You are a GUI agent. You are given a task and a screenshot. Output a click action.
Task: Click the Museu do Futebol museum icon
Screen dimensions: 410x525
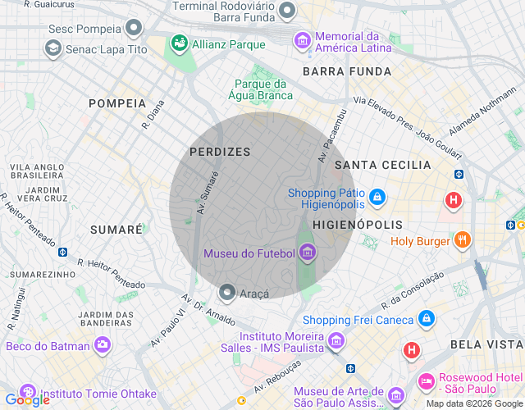308,252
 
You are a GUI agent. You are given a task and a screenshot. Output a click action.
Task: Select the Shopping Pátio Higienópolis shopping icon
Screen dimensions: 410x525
377,197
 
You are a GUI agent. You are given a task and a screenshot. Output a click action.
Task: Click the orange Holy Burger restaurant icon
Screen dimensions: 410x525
463,240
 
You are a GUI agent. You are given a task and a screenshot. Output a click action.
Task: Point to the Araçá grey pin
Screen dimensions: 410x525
227,292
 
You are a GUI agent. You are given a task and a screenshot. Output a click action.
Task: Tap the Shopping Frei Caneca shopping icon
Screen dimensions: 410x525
426,318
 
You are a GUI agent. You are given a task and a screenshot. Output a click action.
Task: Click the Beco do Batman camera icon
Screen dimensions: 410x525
103,345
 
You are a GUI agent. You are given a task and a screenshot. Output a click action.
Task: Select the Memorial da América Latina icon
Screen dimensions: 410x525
303,39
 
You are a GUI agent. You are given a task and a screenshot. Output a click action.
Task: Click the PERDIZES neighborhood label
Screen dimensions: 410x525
220,152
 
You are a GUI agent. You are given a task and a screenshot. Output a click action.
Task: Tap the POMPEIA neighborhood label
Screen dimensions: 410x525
117,103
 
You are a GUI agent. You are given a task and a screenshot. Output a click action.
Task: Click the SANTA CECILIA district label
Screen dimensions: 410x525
383,165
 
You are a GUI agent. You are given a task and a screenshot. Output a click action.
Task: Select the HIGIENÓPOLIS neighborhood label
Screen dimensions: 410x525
358,224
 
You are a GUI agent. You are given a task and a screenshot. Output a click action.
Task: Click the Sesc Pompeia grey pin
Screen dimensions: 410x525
134,29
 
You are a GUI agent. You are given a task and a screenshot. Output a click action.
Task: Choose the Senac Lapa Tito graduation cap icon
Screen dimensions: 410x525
53,49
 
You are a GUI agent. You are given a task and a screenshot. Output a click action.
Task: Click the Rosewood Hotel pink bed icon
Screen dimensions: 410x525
427,380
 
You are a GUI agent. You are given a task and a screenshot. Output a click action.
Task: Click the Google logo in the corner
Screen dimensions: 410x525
27,399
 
